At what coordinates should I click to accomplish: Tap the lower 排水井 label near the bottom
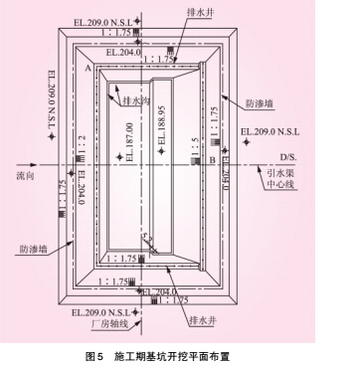coord(201,320)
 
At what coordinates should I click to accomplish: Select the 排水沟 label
coord(135,100)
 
